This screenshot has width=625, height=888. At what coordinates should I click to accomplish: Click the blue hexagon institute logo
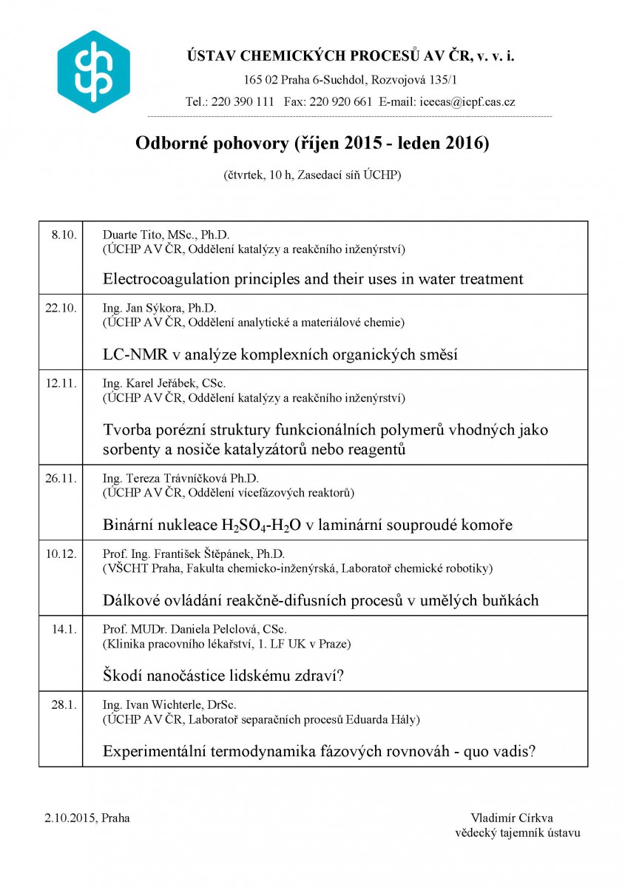93,72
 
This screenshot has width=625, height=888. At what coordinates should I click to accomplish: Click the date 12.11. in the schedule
61,383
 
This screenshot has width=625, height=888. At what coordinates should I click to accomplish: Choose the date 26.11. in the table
61,478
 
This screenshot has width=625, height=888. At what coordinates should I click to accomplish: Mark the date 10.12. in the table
61,554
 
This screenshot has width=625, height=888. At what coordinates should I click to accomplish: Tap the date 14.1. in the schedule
64,629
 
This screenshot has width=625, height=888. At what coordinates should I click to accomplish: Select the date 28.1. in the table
64,704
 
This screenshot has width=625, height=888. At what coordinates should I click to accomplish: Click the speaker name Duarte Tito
135,235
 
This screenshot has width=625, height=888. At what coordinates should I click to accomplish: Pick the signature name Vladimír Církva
511,818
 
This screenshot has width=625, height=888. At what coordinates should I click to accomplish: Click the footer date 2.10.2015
70,818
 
